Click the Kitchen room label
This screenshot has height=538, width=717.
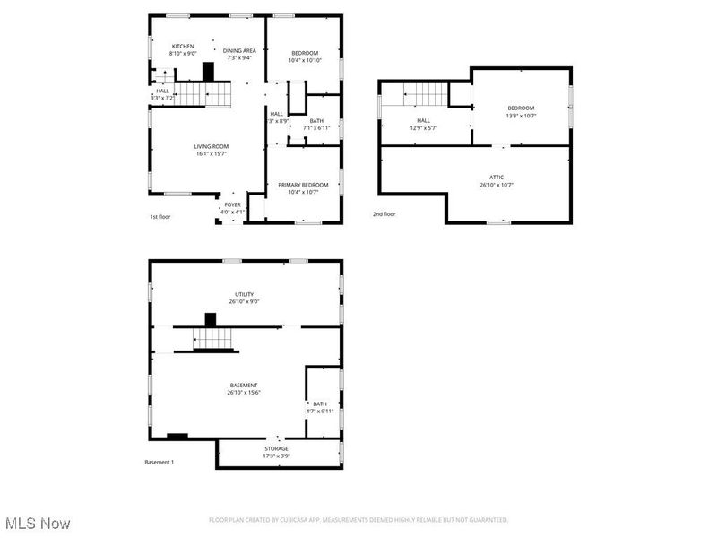(183, 46)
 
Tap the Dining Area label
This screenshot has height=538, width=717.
(240, 50)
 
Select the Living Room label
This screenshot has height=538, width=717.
(212, 146)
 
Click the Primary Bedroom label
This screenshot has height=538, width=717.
(303, 185)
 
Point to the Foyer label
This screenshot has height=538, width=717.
(232, 204)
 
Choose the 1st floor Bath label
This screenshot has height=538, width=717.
(316, 121)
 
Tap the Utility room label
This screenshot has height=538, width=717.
(244, 294)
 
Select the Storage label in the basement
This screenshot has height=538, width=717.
(276, 448)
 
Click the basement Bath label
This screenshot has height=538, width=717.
(320, 403)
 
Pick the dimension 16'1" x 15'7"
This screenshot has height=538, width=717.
(212, 153)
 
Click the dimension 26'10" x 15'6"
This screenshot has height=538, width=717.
(244, 392)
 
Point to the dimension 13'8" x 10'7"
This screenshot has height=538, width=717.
(521, 116)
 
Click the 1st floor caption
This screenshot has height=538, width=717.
(160, 217)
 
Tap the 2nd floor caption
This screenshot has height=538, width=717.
(384, 214)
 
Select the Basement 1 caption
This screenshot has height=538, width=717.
(160, 462)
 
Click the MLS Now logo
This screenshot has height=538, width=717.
(38, 522)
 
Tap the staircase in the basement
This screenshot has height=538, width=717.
(213, 338)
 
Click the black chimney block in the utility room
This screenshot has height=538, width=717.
(211, 318)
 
